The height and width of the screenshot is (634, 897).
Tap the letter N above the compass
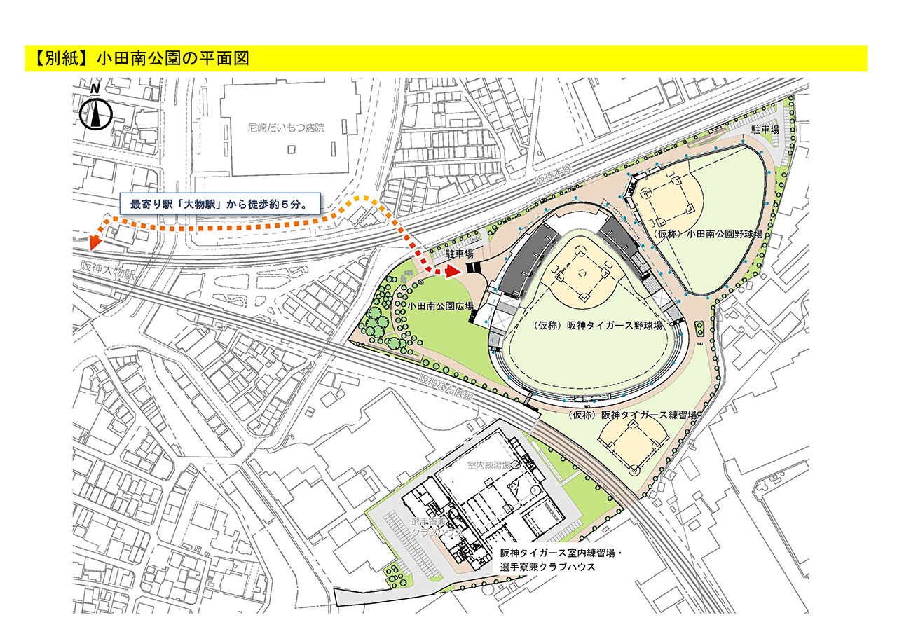[x=94, y=89]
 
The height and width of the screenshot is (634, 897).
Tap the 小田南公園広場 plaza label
[x=440, y=306]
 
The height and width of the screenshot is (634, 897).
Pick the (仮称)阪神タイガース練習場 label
[x=633, y=415]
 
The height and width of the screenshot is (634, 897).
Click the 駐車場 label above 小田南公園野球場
[x=765, y=130]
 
